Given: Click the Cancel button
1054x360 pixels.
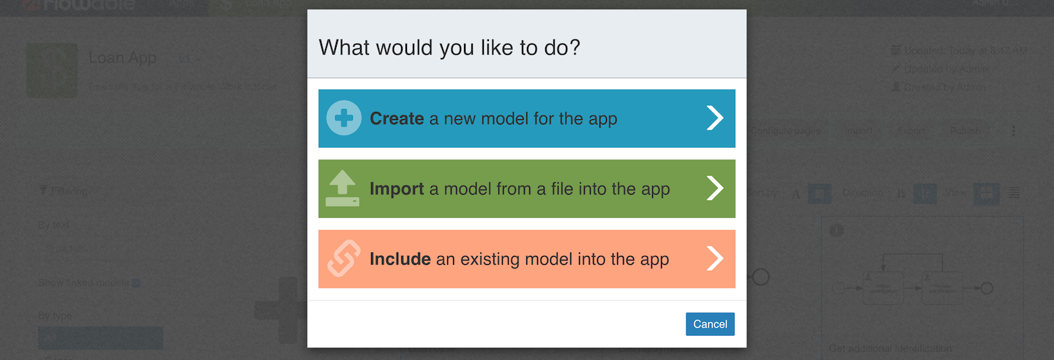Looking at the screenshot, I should (709, 324).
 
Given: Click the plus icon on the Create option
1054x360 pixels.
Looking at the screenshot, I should (343, 119).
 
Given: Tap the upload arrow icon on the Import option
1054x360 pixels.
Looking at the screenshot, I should (343, 189).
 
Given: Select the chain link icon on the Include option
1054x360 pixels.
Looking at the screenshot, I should (343, 259).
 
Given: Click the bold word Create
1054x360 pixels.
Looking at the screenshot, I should (397, 119).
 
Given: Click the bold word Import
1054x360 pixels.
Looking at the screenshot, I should (397, 189).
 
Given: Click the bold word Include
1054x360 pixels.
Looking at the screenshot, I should (400, 259).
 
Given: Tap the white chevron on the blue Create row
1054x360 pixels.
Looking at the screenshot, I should (714, 119).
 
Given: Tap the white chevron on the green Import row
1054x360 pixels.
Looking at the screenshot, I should (714, 189).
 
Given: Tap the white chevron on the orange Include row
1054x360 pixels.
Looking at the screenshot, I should (714, 259).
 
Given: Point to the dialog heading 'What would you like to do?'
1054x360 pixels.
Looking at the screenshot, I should (449, 48).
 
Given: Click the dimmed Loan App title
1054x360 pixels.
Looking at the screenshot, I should (122, 58).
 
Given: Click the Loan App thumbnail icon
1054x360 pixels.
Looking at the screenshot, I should (52, 70).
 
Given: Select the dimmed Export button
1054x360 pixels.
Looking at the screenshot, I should (911, 131).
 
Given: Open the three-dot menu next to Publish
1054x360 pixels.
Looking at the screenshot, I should (1014, 131).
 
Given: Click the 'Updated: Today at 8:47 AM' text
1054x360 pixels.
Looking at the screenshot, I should (965, 50).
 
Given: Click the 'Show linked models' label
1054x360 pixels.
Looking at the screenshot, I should (83, 283).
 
